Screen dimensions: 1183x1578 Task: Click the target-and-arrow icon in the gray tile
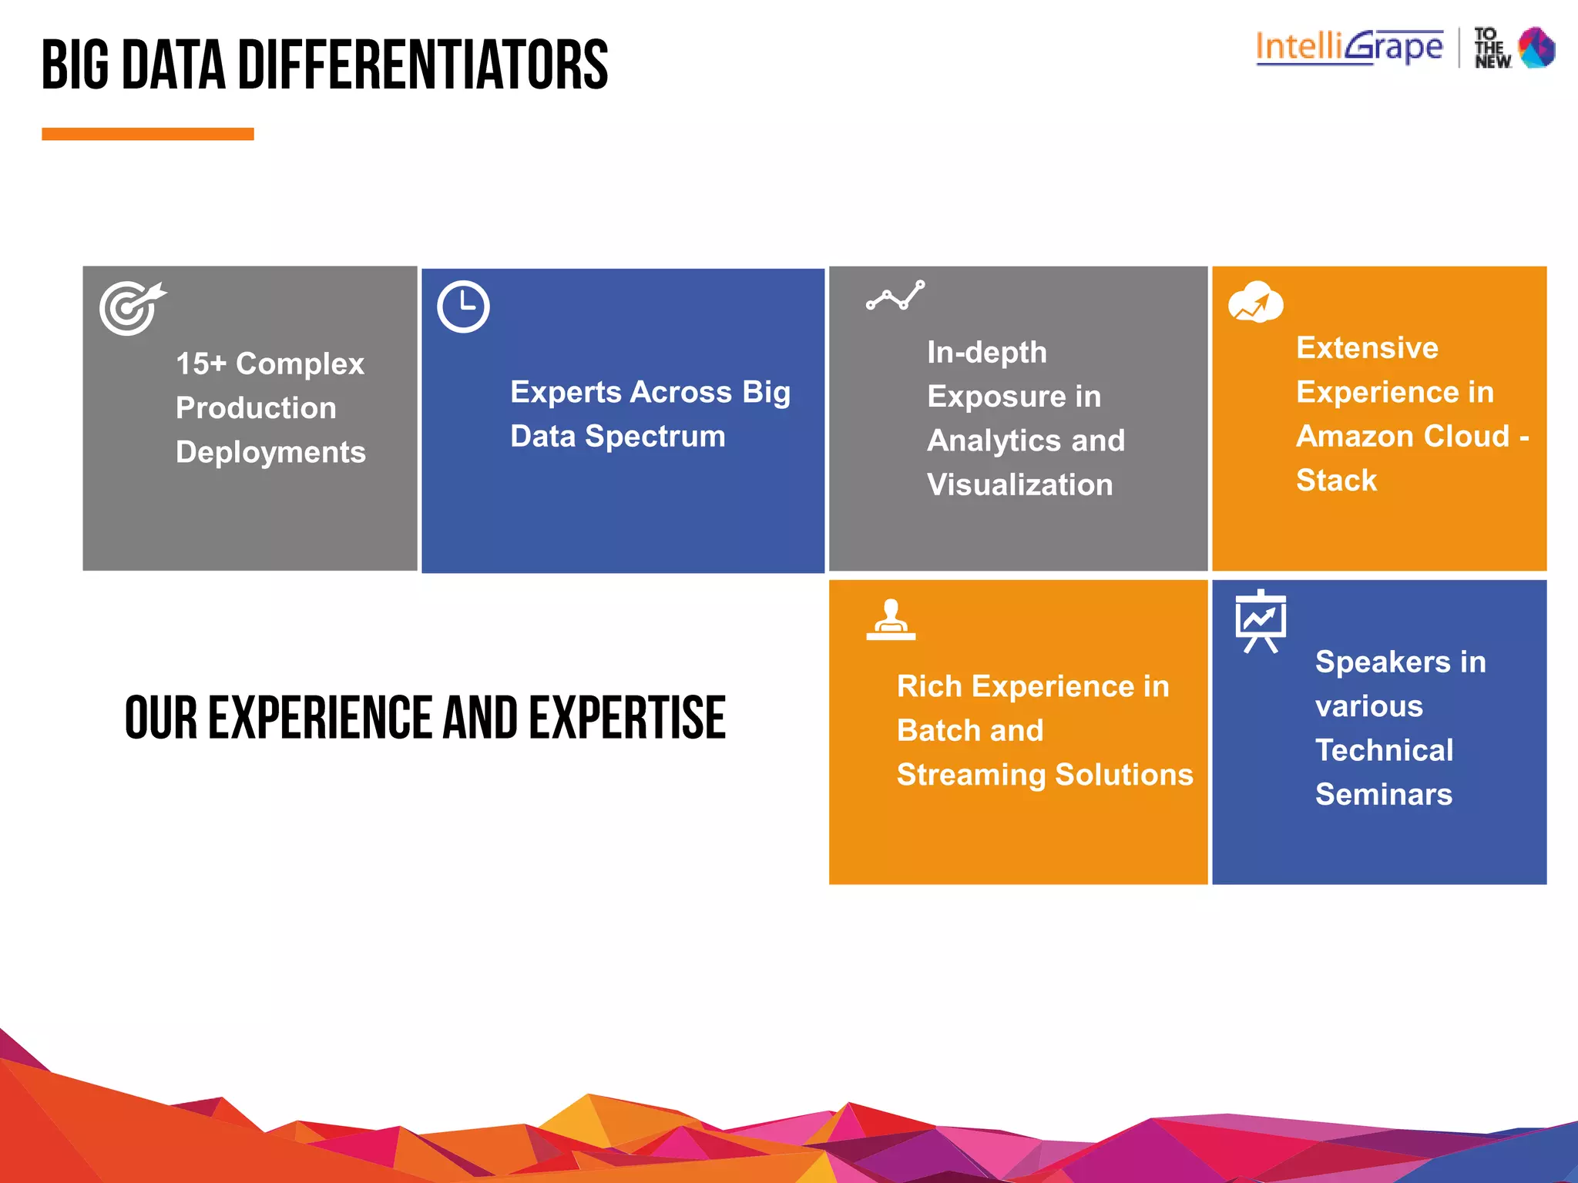pyautogui.click(x=131, y=308)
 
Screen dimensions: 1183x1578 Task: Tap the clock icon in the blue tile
pyautogui.click(x=463, y=307)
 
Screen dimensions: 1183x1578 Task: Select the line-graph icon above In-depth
pyautogui.click(x=895, y=296)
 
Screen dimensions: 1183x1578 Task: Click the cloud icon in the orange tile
pyautogui.click(x=1255, y=303)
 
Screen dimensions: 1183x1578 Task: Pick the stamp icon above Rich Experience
pyautogui.click(x=891, y=620)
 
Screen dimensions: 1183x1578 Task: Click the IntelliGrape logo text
pyautogui.click(x=1349, y=48)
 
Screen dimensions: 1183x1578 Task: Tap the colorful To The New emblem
pyautogui.click(x=1536, y=48)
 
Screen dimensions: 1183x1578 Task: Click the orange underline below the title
pyautogui.click(x=147, y=134)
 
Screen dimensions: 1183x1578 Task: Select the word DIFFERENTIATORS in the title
pyautogui.click(x=422, y=65)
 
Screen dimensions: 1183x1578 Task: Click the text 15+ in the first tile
pyautogui.click(x=201, y=364)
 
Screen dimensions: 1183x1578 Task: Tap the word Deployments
pyautogui.click(x=270, y=452)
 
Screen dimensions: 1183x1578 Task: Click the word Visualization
pyautogui.click(x=1019, y=484)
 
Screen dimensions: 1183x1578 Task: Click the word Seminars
pyautogui.click(x=1383, y=794)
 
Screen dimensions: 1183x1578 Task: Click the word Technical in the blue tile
pyautogui.click(x=1384, y=750)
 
